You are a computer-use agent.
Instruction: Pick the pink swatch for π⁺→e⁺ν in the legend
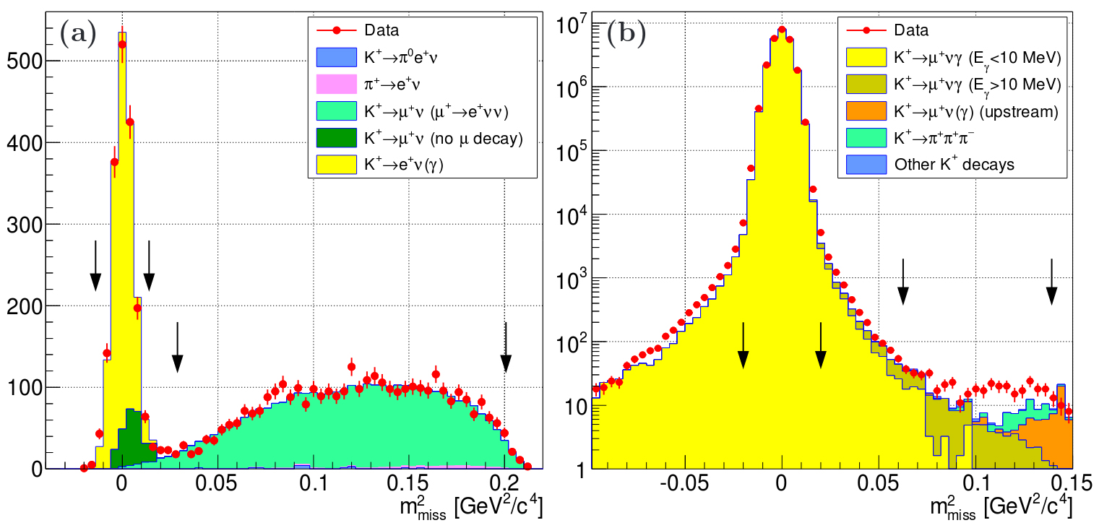pyautogui.click(x=337, y=84)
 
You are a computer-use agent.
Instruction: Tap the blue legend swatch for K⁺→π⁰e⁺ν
pyautogui.click(x=337, y=57)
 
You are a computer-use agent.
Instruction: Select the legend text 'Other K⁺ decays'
pyautogui.click(x=954, y=165)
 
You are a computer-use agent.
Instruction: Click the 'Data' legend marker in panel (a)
pyautogui.click(x=337, y=30)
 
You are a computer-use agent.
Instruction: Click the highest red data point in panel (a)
pyautogui.click(x=122, y=45)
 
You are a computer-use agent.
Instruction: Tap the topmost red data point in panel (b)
pyautogui.click(x=782, y=30)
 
